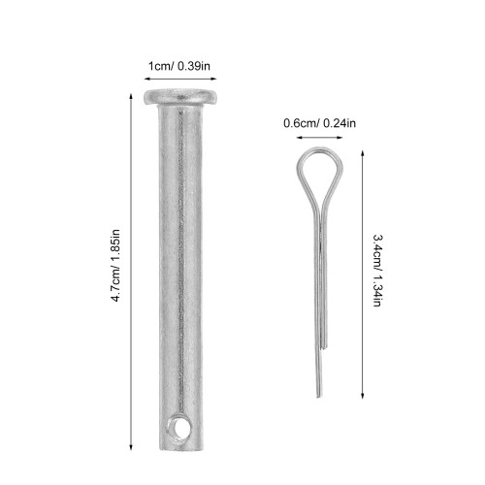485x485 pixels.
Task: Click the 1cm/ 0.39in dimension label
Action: coord(179,66)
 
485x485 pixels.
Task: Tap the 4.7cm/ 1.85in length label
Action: coord(115,266)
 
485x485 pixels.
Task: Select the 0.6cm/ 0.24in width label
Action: coord(319,123)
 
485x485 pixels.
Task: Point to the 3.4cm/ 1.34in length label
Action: coord(377,271)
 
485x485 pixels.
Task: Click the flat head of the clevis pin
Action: coord(180,97)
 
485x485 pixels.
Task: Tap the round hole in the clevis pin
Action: coord(178,429)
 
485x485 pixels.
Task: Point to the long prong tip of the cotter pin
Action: coord(319,395)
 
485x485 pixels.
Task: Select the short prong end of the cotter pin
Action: coord(325,346)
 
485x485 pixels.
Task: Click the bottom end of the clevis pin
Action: coord(181,449)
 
